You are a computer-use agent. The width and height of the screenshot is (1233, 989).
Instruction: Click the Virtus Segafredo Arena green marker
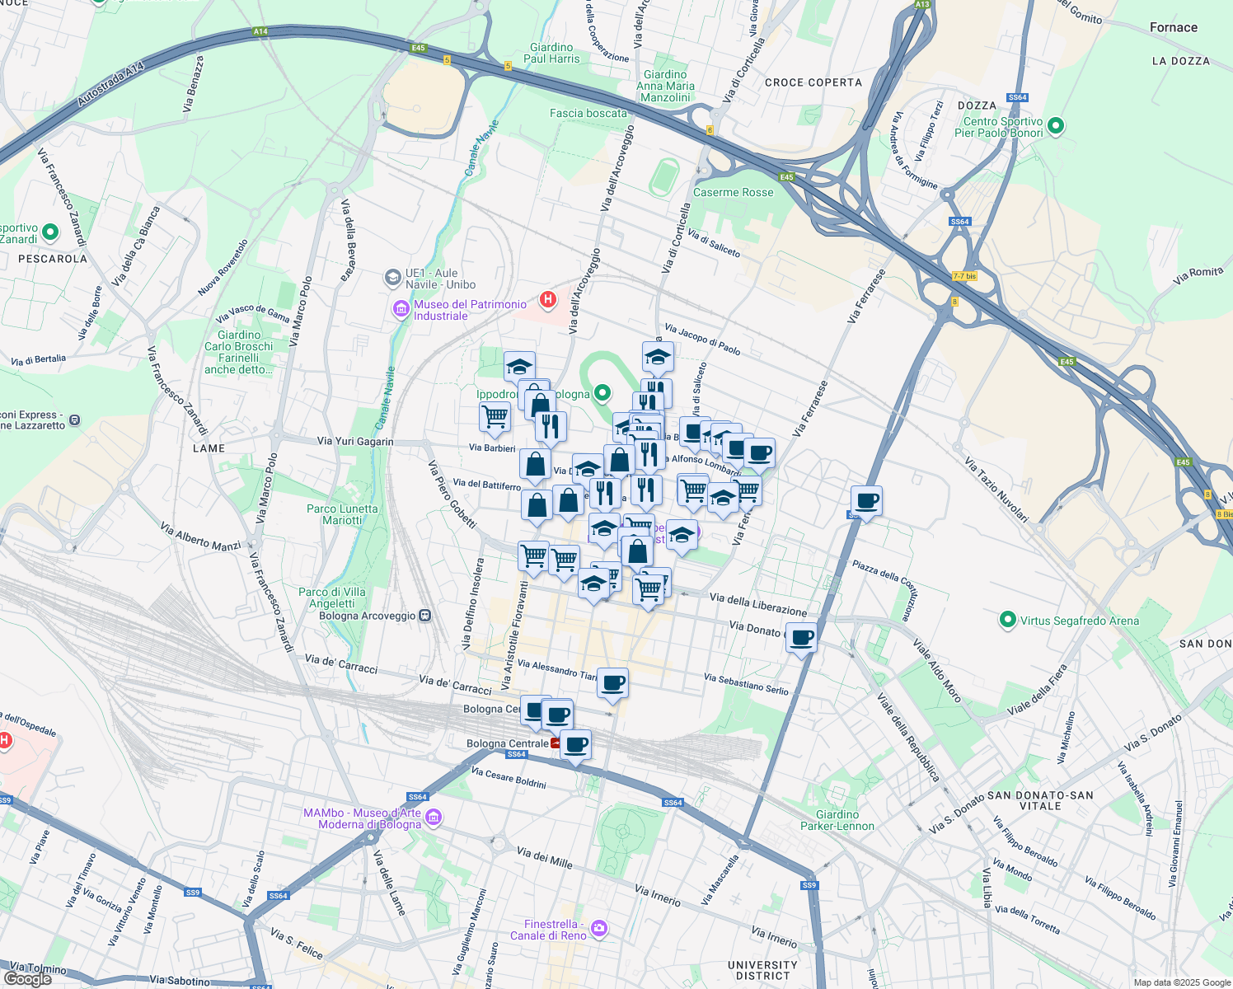[1007, 620]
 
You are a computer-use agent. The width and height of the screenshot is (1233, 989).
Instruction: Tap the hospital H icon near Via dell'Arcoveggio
[548, 299]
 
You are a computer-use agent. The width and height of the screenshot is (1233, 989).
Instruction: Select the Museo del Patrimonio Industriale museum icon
[401, 310]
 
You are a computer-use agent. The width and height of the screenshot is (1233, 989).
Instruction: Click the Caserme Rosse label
[733, 192]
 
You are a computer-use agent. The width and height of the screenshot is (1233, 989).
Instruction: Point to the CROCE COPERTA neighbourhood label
[813, 82]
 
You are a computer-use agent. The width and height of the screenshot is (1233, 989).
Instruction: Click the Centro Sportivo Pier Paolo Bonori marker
[1056, 126]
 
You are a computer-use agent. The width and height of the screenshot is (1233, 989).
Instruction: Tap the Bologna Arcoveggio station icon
[424, 616]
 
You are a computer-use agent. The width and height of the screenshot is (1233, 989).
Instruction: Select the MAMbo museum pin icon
[434, 818]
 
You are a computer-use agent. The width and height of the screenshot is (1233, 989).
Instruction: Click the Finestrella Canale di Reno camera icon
[599, 929]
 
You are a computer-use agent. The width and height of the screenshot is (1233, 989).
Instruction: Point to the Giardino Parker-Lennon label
[837, 820]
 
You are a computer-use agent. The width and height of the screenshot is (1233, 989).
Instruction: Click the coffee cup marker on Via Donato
[802, 638]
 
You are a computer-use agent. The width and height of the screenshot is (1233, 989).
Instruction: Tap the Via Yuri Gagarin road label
[355, 442]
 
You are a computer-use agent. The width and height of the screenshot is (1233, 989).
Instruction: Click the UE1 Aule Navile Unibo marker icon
[393, 278]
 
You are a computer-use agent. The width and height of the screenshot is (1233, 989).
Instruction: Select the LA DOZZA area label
[1180, 61]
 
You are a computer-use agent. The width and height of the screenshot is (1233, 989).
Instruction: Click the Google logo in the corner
[27, 978]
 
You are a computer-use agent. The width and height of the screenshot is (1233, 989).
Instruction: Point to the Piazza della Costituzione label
[884, 588]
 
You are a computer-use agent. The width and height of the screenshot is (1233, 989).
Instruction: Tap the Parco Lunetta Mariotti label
[342, 514]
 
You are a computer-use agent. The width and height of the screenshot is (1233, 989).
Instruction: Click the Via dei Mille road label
[544, 857]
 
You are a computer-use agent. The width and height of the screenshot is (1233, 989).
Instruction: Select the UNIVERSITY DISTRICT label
[762, 970]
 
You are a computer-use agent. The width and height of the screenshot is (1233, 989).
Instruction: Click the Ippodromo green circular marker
[602, 394]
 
